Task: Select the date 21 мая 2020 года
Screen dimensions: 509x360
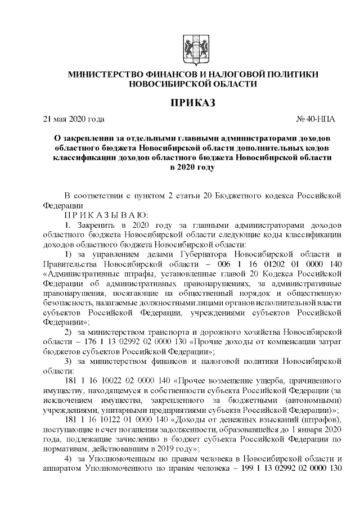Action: pos(74,119)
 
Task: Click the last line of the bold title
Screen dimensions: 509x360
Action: pos(192,167)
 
